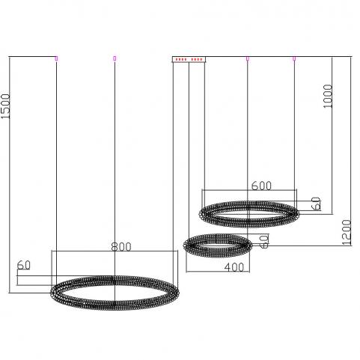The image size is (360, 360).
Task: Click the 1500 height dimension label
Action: click(x=5, y=106)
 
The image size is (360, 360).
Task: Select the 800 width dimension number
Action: click(x=121, y=247)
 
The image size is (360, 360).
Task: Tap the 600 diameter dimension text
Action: click(x=261, y=186)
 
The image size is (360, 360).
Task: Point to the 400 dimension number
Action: click(x=234, y=267)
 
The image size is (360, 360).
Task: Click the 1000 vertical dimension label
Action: click(x=328, y=96)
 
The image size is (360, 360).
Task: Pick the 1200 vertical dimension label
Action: click(x=347, y=232)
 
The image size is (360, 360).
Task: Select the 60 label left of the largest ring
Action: click(x=24, y=265)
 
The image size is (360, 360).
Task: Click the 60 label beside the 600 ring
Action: click(x=317, y=204)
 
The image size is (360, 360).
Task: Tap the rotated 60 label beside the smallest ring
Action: click(x=264, y=241)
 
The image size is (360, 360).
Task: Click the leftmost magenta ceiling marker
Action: click(x=56, y=58)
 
